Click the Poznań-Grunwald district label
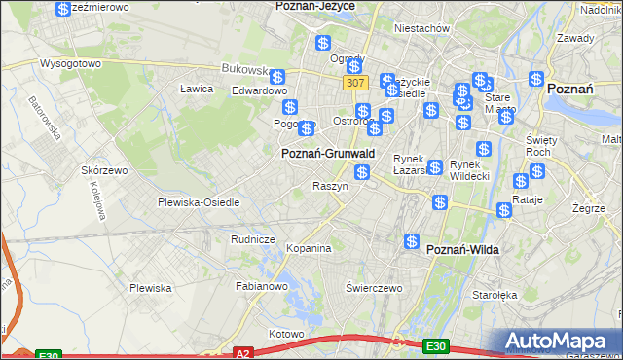click(327, 153)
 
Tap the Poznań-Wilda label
click(462, 250)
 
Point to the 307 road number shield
click(354, 85)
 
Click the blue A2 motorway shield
click(243, 354)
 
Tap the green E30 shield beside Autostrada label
click(436, 345)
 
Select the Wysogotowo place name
click(70, 63)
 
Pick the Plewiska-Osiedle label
click(198, 202)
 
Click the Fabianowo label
click(262, 286)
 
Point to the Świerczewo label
click(374, 288)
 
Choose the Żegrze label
click(589, 207)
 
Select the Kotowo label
click(286, 334)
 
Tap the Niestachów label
click(421, 28)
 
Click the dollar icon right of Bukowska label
click(277, 77)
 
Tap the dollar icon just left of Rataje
click(504, 210)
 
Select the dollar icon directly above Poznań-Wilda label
click(412, 240)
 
